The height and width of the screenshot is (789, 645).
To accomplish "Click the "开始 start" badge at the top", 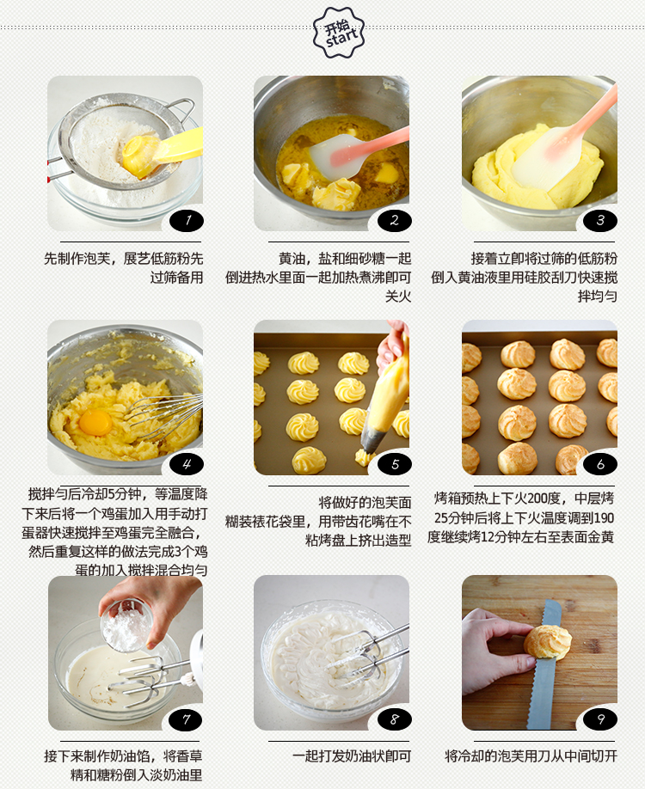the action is click(338, 33).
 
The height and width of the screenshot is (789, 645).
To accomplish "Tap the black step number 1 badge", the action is click(187, 220).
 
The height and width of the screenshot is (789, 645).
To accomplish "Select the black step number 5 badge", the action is click(394, 464).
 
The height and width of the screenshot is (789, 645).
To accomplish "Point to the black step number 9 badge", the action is click(600, 719).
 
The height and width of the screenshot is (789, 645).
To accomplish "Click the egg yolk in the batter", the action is click(95, 422).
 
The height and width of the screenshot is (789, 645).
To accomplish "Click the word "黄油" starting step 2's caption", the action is click(292, 259).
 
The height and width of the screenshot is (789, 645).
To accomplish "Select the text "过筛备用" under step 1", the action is click(177, 278).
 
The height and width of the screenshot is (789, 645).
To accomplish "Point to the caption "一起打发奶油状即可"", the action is click(352, 756).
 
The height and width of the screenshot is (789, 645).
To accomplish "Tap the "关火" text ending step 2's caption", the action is click(398, 297).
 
